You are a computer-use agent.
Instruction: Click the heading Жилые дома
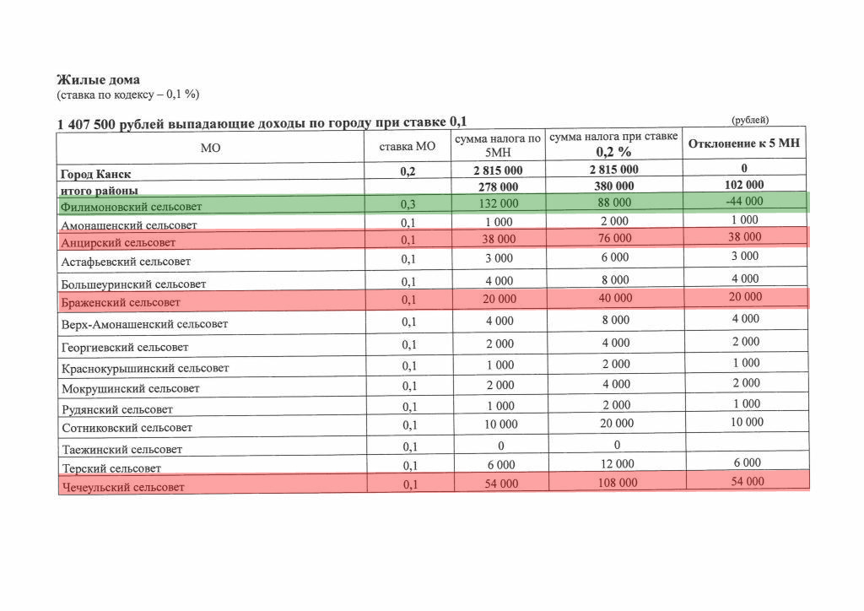click(92, 80)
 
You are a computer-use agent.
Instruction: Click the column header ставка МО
click(408, 147)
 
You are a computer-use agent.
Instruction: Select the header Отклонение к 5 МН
click(743, 143)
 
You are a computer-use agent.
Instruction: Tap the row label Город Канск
click(94, 174)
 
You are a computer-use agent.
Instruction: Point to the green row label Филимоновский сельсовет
click(131, 206)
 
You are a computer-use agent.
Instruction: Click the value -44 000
click(743, 201)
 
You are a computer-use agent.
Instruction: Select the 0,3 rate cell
click(409, 204)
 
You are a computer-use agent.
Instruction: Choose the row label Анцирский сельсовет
click(118, 242)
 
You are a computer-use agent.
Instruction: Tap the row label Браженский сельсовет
click(121, 301)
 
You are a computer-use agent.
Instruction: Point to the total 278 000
click(498, 187)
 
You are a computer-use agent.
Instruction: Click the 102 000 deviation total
click(743, 185)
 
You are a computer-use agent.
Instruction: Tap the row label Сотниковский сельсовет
click(127, 428)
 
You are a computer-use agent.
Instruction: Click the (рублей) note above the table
click(750, 120)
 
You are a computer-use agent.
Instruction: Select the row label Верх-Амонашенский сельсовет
click(144, 324)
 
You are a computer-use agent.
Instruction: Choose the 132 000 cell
click(498, 203)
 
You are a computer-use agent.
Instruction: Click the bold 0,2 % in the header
click(613, 153)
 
